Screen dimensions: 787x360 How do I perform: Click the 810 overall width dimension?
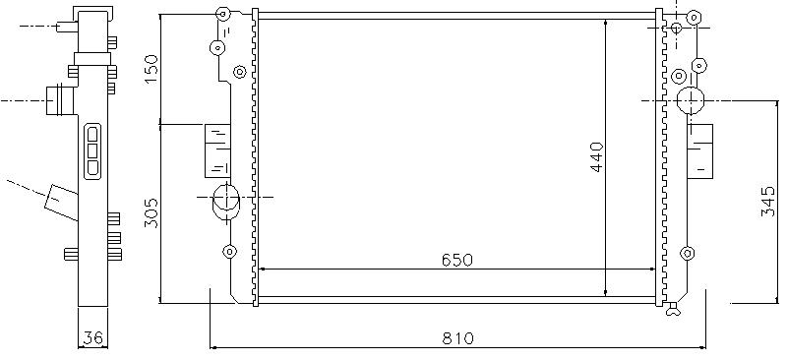(457, 338)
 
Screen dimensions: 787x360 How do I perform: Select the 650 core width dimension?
(457, 260)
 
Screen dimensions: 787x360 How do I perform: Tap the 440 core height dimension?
(597, 157)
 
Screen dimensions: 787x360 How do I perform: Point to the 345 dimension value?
(768, 202)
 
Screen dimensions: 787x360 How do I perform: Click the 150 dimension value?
(151, 69)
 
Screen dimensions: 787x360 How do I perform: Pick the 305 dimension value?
(151, 212)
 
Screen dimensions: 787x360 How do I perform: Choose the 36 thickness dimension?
(93, 338)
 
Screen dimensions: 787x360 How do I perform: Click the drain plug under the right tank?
(673, 310)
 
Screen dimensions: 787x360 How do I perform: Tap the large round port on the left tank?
(226, 201)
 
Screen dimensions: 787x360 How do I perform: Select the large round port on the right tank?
(691, 100)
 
